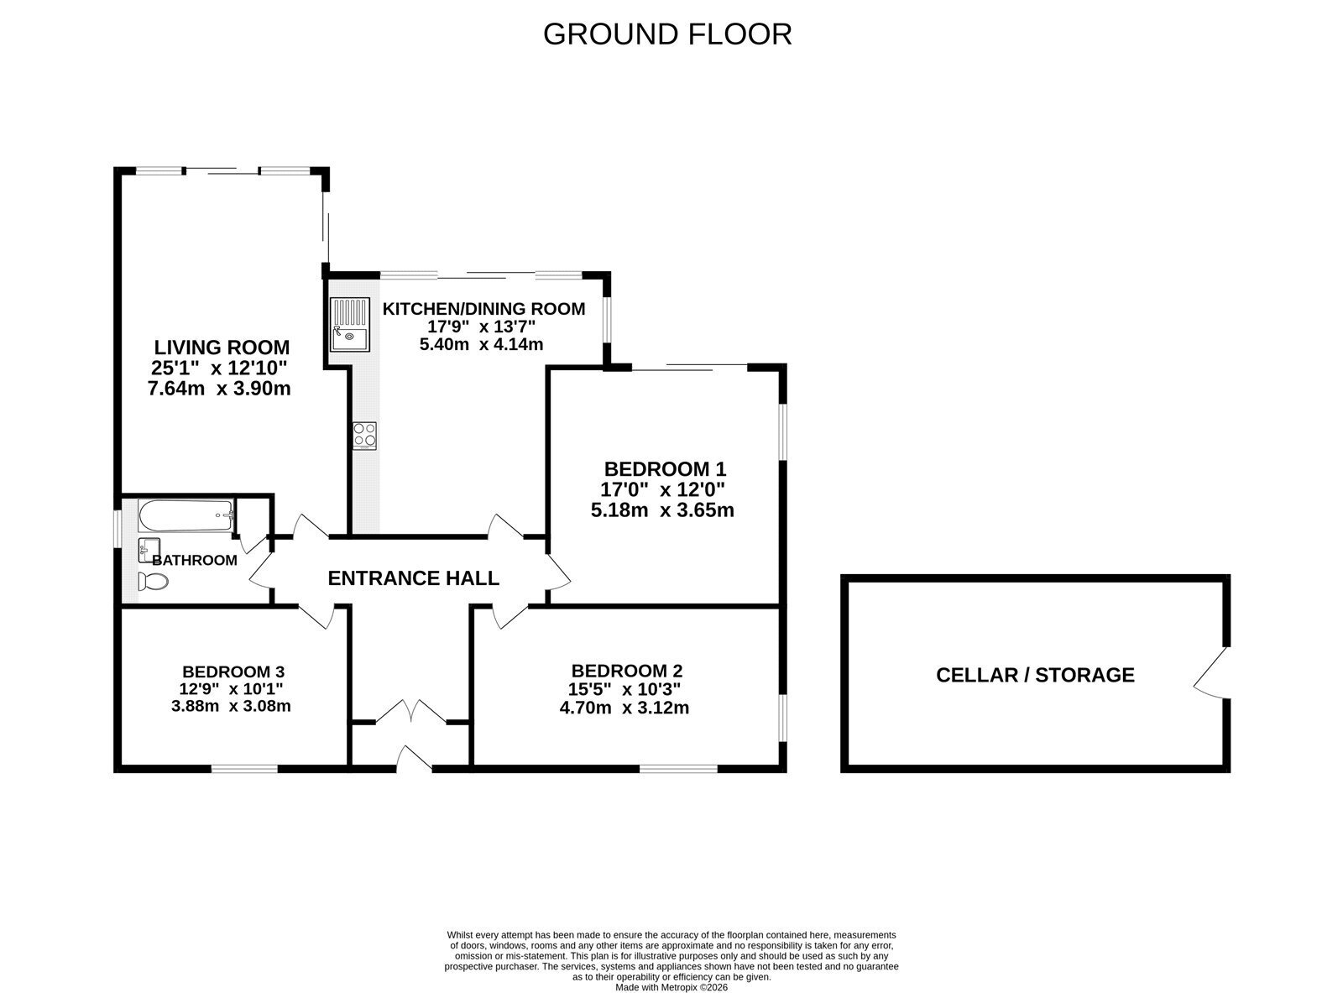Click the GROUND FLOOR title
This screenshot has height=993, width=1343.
point(666,34)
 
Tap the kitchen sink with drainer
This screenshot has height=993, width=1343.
point(349,325)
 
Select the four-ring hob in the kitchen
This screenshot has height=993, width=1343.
point(364,436)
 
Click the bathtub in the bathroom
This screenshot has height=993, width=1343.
point(186,516)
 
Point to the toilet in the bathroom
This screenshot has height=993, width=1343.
point(153,582)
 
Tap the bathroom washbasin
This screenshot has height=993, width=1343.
point(149,550)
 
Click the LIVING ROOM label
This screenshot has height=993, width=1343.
point(222,348)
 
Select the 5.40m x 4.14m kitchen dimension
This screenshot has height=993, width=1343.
point(481,344)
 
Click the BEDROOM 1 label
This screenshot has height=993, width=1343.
point(665,469)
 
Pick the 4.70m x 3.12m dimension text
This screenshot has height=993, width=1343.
point(624,708)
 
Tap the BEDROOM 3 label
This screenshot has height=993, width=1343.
point(233,672)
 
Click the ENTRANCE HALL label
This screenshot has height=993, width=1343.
point(414,578)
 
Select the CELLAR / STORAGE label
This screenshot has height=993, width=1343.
point(1036,675)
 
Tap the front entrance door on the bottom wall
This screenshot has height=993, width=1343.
point(414,760)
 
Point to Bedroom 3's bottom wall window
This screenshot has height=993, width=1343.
point(244,769)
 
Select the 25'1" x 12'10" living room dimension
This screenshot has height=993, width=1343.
point(219,368)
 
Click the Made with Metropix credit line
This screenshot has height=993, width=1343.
point(671,988)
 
